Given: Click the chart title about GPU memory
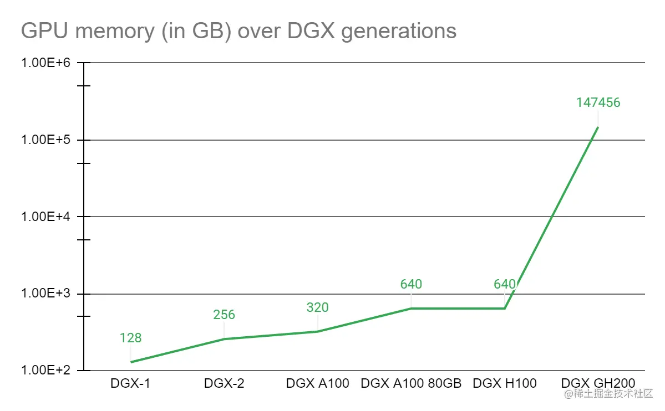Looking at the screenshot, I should [x=238, y=30].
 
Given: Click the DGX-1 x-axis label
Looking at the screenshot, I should [x=130, y=383].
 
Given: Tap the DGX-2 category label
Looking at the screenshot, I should [x=224, y=383].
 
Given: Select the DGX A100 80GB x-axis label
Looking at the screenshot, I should [x=411, y=383].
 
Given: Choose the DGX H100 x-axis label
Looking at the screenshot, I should [x=505, y=383].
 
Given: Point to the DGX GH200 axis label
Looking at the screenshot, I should [x=598, y=383].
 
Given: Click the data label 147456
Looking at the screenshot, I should [x=598, y=102].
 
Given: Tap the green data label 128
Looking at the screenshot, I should [x=130, y=338].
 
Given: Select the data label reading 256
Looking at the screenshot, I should [x=224, y=315].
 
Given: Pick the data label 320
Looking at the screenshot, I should [x=317, y=307].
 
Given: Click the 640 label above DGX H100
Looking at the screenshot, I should [x=505, y=284].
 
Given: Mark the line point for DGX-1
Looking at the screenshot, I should [x=131, y=362].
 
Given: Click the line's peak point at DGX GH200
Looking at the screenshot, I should [x=598, y=127].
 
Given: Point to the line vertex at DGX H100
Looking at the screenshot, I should [x=505, y=309].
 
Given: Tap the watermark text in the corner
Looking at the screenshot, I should [x=609, y=394].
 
